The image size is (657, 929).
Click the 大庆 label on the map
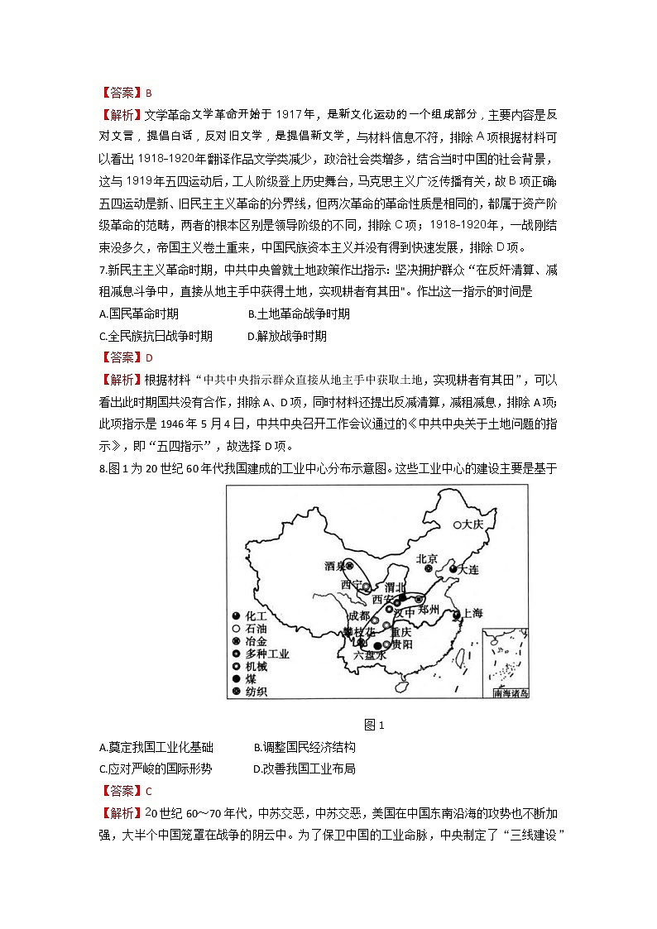click(x=472, y=524)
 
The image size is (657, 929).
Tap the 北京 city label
click(x=427, y=558)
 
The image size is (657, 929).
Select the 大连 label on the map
click(x=468, y=570)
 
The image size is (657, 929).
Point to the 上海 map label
click(x=472, y=614)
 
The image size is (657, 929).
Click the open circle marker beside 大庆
click(x=457, y=524)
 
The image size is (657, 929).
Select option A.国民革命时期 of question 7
click(x=138, y=314)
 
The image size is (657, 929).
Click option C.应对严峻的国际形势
click(x=155, y=769)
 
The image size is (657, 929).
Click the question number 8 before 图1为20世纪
click(x=101, y=469)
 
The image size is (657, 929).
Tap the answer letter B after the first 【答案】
click(x=149, y=93)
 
